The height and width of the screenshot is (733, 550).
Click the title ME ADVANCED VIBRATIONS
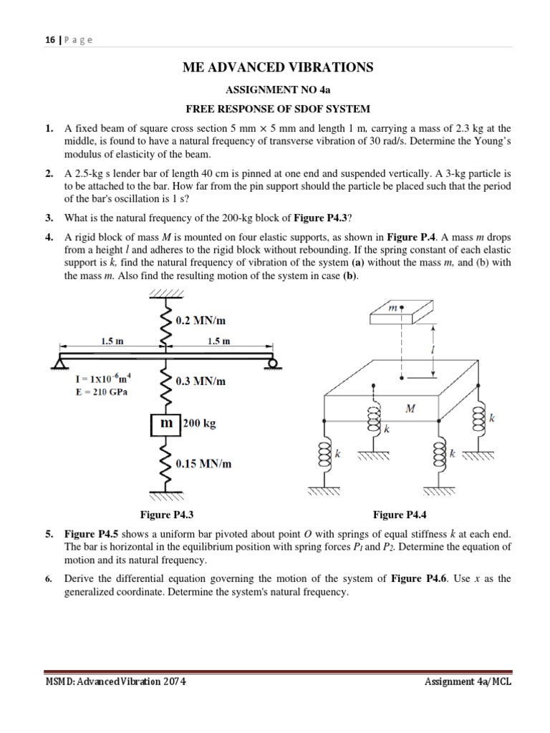click(279, 67)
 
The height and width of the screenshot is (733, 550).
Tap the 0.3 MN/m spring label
click(201, 382)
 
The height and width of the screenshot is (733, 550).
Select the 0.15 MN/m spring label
click(204, 464)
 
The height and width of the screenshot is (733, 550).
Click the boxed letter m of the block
click(166, 423)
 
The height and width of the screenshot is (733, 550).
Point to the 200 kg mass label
click(199, 423)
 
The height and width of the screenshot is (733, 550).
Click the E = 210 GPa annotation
click(102, 392)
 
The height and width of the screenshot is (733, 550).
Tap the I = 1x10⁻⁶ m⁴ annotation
click(102, 379)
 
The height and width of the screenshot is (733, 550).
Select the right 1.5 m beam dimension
click(219, 341)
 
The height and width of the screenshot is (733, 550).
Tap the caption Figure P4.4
click(400, 514)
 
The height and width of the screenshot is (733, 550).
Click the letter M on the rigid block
click(410, 409)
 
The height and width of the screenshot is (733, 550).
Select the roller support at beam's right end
click(272, 363)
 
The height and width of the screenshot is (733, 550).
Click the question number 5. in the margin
click(49, 535)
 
